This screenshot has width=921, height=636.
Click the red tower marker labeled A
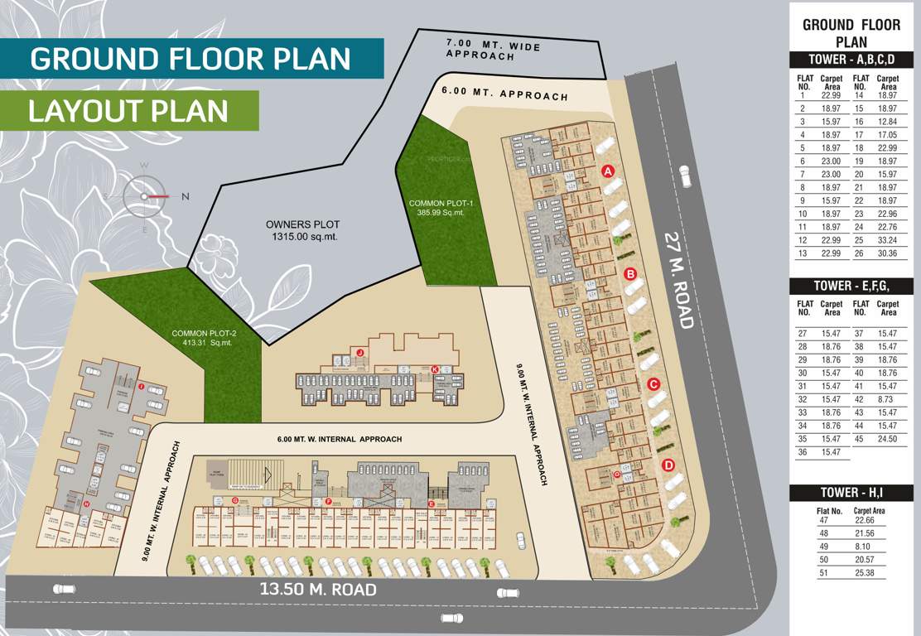tap(607, 171)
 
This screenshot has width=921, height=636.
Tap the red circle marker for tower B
tap(629, 274)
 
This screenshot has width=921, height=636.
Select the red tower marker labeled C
tap(653, 384)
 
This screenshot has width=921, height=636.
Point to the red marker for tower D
tap(668, 465)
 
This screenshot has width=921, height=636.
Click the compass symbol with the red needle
tap(144, 196)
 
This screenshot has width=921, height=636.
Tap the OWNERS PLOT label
tap(302, 230)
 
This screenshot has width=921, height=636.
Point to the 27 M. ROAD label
tap(680, 280)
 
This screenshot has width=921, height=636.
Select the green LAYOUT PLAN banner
tap(128, 110)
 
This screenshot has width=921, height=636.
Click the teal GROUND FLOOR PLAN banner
tap(190, 59)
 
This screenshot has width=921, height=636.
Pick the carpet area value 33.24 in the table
tap(887, 239)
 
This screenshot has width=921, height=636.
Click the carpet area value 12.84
tap(887, 122)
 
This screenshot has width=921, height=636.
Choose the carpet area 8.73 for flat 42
tap(887, 398)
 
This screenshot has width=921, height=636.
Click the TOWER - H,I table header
tap(851, 494)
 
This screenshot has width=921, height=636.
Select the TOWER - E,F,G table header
tap(851, 286)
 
